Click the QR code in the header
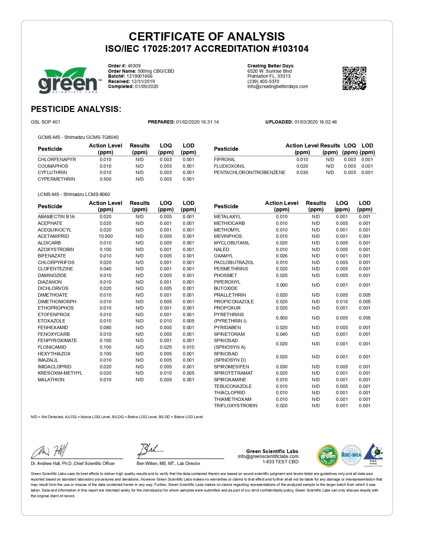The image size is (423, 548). [354, 78]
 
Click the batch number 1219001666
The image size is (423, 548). [139, 76]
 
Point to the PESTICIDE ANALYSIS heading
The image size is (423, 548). [76, 109]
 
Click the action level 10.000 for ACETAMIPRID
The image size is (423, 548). [106, 236]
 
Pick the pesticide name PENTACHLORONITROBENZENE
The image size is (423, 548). [249, 172]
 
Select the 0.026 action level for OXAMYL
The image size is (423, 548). [282, 256]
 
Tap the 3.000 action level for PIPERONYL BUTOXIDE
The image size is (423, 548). [282, 285]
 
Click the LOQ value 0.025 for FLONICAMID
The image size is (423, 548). [166, 347]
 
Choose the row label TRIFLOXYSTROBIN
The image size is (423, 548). [236, 406]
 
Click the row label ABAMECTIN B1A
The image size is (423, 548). [56, 217]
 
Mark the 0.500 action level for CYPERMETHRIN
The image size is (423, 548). [106, 179]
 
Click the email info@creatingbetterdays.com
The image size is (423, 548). [278, 86]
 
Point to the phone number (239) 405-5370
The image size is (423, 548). [263, 81]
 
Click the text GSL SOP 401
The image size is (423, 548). [45, 122]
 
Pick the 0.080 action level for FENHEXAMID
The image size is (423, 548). [106, 327]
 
